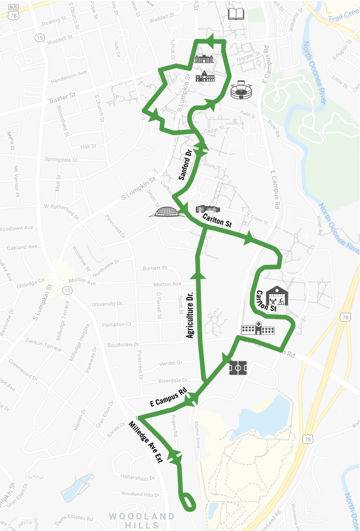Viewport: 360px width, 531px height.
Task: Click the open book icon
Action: coord(236,14)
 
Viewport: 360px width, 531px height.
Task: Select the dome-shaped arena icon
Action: coord(167,212)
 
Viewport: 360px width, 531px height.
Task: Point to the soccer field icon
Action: coord(238,368)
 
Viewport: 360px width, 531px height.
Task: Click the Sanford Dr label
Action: coord(185,165)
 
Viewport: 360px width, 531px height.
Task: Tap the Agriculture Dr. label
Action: coord(190,315)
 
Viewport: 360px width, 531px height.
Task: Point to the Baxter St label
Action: coord(62,97)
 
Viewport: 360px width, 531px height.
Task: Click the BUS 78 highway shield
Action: coord(13,12)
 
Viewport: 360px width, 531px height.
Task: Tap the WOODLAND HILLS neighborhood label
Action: coord(142,521)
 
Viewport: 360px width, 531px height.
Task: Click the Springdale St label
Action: coord(61,159)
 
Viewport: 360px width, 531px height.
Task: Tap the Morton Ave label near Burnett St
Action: coord(167,284)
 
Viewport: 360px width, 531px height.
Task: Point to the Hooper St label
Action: coord(248,57)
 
